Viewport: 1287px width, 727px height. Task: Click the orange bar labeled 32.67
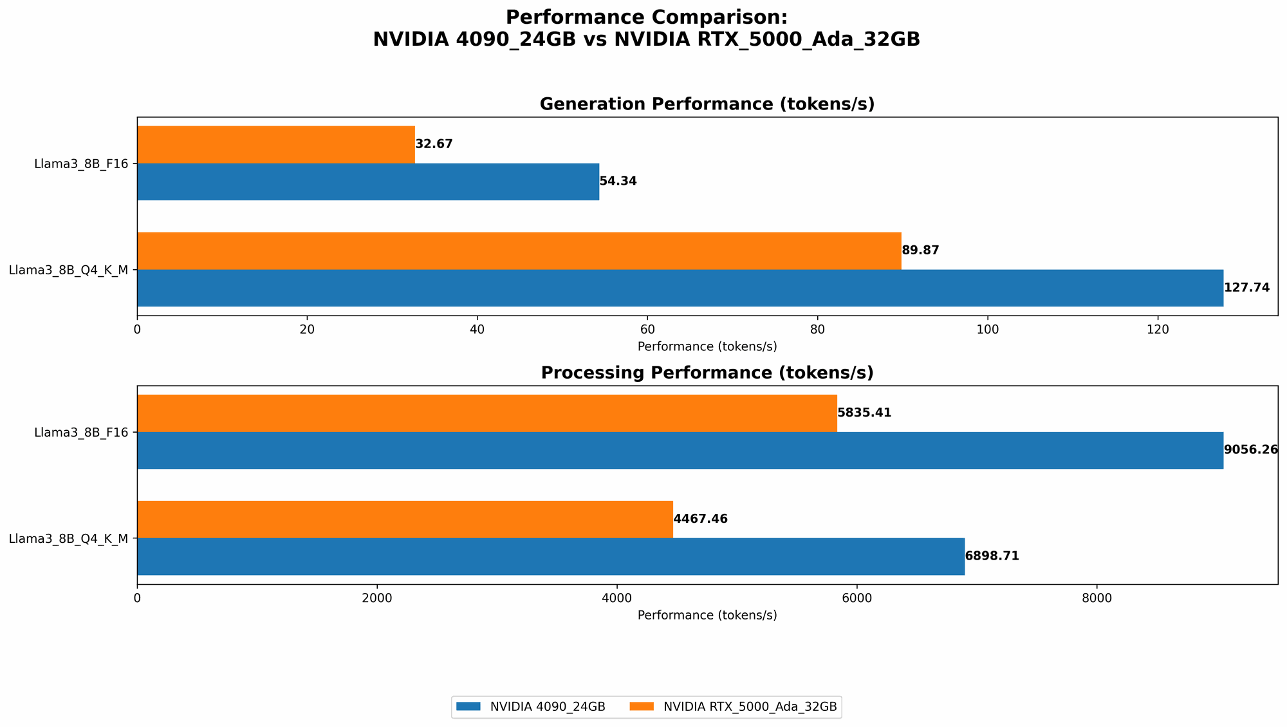click(275, 144)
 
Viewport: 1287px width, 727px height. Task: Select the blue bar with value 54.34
click(368, 182)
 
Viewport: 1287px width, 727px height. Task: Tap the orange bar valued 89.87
click(519, 250)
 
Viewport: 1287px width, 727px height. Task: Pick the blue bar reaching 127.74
click(680, 288)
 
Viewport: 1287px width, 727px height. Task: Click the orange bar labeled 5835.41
click(486, 413)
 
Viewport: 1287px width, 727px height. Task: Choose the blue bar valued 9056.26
click(680, 450)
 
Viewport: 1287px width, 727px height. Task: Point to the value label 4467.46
click(700, 519)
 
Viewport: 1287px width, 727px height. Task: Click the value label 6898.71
click(992, 556)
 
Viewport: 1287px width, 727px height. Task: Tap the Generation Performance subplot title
click(707, 104)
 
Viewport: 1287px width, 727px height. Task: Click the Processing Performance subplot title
click(707, 373)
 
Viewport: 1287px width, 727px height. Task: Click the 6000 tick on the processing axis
click(856, 598)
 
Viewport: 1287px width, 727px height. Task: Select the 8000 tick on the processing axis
click(1097, 598)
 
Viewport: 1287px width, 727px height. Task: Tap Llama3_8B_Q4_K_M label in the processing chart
click(68, 538)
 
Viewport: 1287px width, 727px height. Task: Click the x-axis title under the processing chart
click(707, 616)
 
